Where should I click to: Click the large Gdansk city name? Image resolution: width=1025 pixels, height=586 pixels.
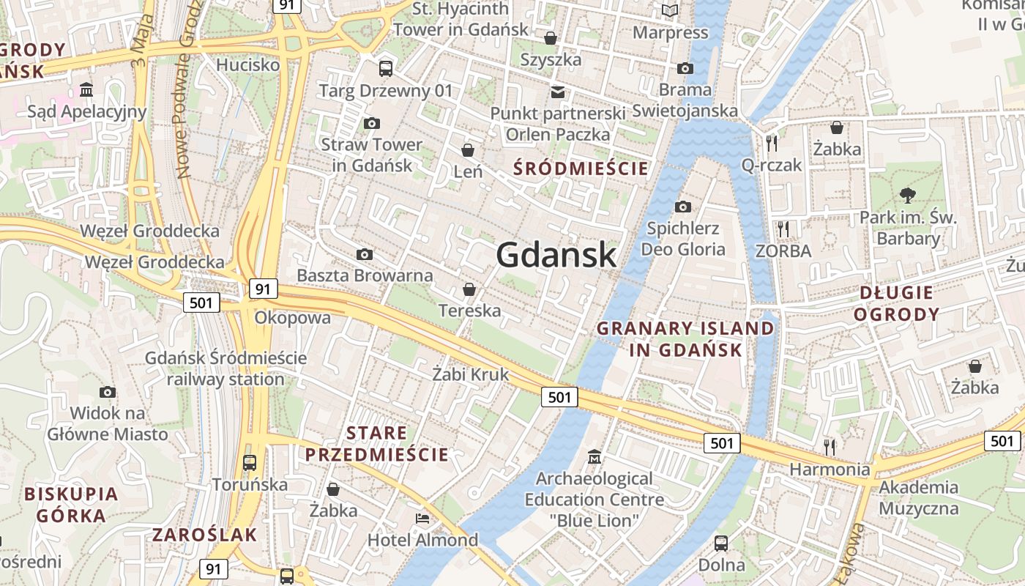556,255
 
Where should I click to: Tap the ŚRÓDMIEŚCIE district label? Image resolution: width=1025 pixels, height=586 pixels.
581,168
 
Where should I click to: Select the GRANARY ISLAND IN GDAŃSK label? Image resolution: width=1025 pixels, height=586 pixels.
685,338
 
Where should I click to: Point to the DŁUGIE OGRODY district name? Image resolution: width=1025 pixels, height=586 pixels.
897,303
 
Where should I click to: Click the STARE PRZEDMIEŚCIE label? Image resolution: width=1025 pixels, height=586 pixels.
377,443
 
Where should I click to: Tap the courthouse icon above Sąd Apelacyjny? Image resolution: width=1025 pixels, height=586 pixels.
87,90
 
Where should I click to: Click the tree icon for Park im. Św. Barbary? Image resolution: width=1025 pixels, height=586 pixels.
908,195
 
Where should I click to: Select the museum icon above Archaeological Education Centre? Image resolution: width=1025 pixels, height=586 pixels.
594,456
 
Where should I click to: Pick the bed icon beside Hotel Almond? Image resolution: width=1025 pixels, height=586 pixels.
422,519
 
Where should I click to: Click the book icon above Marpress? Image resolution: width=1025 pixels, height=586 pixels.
670,10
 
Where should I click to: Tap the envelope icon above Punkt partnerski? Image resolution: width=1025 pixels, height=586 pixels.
558,92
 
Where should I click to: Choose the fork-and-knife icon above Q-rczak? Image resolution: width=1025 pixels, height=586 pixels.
771,143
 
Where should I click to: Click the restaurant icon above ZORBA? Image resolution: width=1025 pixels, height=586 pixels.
783,229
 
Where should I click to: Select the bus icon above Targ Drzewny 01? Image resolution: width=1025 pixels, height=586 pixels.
386,69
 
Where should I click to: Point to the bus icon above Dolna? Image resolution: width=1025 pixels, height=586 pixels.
721,544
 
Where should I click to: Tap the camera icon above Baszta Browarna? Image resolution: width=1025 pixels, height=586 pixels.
365,254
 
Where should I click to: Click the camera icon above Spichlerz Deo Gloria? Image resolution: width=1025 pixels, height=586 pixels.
683,207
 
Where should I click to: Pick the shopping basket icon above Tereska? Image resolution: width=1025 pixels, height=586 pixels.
469,289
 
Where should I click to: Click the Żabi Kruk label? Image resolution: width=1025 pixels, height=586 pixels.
470,374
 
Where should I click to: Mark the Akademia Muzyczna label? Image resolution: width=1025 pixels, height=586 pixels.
918,497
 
